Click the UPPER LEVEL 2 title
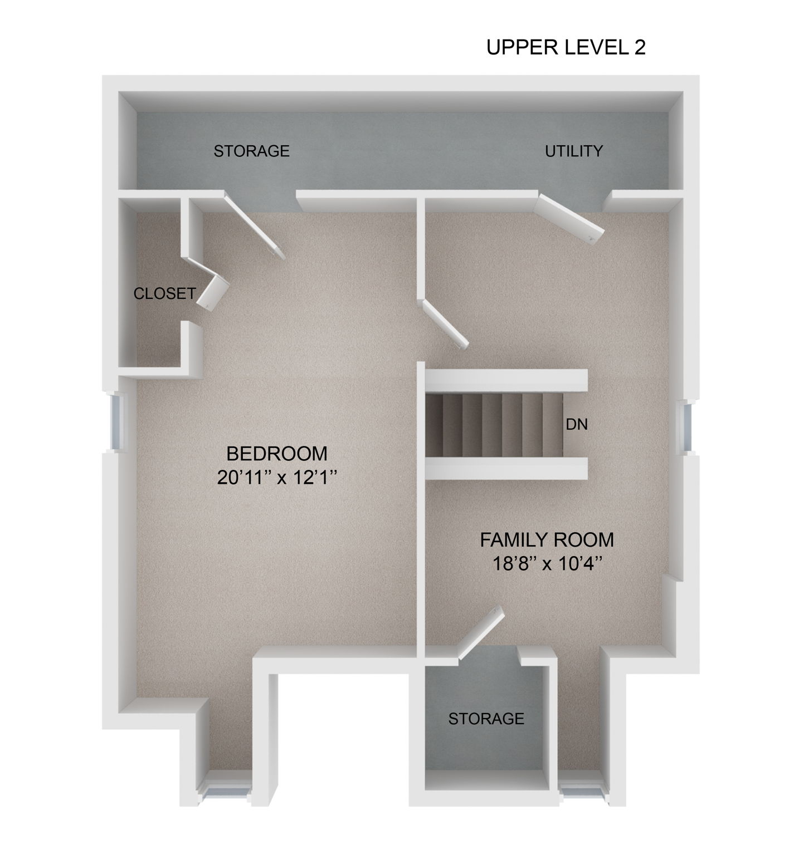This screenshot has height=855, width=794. point(566,47)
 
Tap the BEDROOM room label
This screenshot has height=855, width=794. point(277,454)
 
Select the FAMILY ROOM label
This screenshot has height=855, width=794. point(547,539)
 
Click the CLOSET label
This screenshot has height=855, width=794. point(164,293)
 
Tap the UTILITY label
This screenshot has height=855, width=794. point(573,151)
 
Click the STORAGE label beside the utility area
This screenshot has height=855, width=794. point(251,151)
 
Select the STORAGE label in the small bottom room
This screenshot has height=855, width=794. point(486,719)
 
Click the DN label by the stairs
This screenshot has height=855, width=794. point(577,425)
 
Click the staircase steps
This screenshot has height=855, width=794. point(493,425)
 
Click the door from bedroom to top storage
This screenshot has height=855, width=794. point(255,225)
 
